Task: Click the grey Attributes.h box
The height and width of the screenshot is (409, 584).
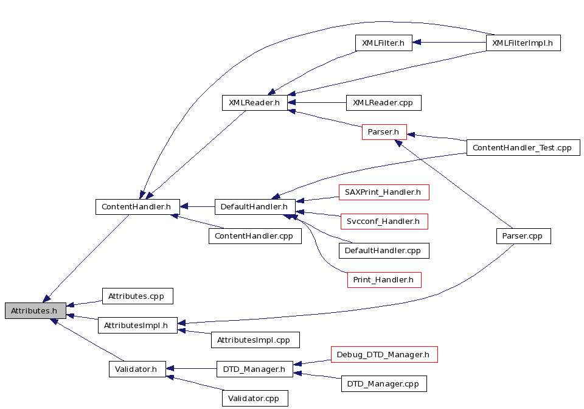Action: (x=35, y=310)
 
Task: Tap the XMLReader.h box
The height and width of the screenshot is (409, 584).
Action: (x=255, y=103)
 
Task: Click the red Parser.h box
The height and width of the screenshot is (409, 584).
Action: (x=384, y=132)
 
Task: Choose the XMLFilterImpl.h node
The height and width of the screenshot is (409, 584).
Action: (x=523, y=43)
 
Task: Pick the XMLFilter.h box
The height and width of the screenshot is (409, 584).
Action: (x=384, y=43)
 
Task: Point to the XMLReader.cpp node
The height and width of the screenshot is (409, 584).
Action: (x=384, y=103)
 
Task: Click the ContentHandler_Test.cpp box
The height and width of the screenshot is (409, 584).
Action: (x=523, y=147)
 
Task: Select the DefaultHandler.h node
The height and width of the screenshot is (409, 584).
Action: (x=255, y=207)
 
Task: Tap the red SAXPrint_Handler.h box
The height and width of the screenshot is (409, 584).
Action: (x=384, y=192)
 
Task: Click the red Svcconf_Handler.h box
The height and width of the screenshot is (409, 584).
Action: (x=384, y=222)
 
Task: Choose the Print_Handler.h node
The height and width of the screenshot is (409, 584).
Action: (x=384, y=280)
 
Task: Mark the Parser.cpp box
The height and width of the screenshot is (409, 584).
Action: (x=523, y=236)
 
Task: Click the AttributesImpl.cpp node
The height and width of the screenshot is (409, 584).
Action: (x=255, y=340)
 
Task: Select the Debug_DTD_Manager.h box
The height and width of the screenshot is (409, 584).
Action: (x=384, y=355)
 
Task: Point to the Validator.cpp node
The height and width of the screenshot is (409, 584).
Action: (x=255, y=399)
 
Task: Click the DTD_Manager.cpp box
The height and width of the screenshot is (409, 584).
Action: (x=384, y=383)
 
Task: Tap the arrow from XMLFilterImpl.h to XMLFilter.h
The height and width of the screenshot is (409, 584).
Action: (x=449, y=43)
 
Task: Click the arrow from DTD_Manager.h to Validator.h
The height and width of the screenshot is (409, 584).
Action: (x=191, y=369)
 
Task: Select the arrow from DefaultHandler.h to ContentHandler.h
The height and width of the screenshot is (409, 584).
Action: (x=197, y=206)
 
